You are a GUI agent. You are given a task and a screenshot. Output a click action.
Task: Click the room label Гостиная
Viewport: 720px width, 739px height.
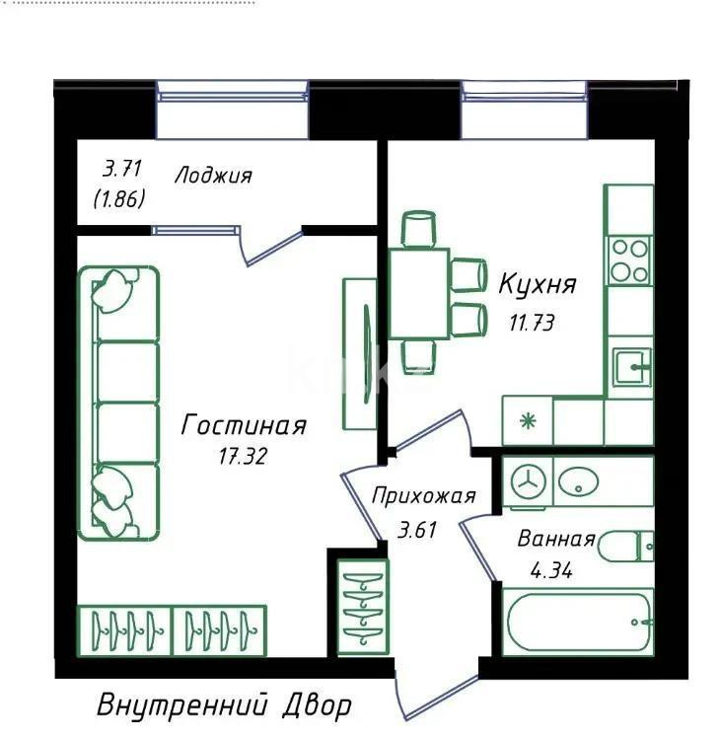tap(245, 425)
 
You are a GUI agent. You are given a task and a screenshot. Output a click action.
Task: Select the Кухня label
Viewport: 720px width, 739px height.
tap(537, 286)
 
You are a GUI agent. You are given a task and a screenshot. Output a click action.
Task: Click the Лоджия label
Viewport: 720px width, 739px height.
tap(213, 177)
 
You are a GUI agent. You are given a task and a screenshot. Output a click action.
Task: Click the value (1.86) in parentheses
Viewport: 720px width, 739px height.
tap(119, 198)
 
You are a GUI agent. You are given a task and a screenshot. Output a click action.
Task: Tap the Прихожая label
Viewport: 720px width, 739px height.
tap(423, 496)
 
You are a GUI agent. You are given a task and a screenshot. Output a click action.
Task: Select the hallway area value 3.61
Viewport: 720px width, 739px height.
tap(417, 529)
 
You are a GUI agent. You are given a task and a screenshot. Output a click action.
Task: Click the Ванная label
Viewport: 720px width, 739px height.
tap(556, 539)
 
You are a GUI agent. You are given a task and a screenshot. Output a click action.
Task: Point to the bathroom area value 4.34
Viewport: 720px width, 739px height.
tap(550, 569)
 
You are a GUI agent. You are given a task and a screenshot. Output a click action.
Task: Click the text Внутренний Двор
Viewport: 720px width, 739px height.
tap(224, 706)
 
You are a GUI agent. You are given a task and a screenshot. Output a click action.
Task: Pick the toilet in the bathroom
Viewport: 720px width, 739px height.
tap(627, 546)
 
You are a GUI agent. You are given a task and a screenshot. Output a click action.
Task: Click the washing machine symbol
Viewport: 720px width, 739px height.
tap(531, 481)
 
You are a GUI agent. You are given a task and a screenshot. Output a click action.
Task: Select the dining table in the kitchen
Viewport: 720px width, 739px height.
tap(419, 294)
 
